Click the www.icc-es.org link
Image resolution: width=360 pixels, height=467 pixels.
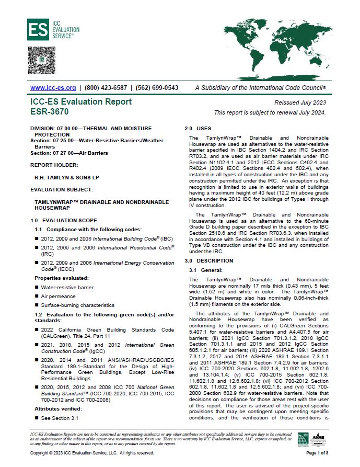(51, 88)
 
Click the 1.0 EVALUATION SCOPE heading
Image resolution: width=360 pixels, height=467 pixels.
(64, 221)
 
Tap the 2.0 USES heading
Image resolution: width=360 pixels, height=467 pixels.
(199, 128)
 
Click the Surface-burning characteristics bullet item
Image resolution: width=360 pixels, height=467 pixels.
(77, 304)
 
